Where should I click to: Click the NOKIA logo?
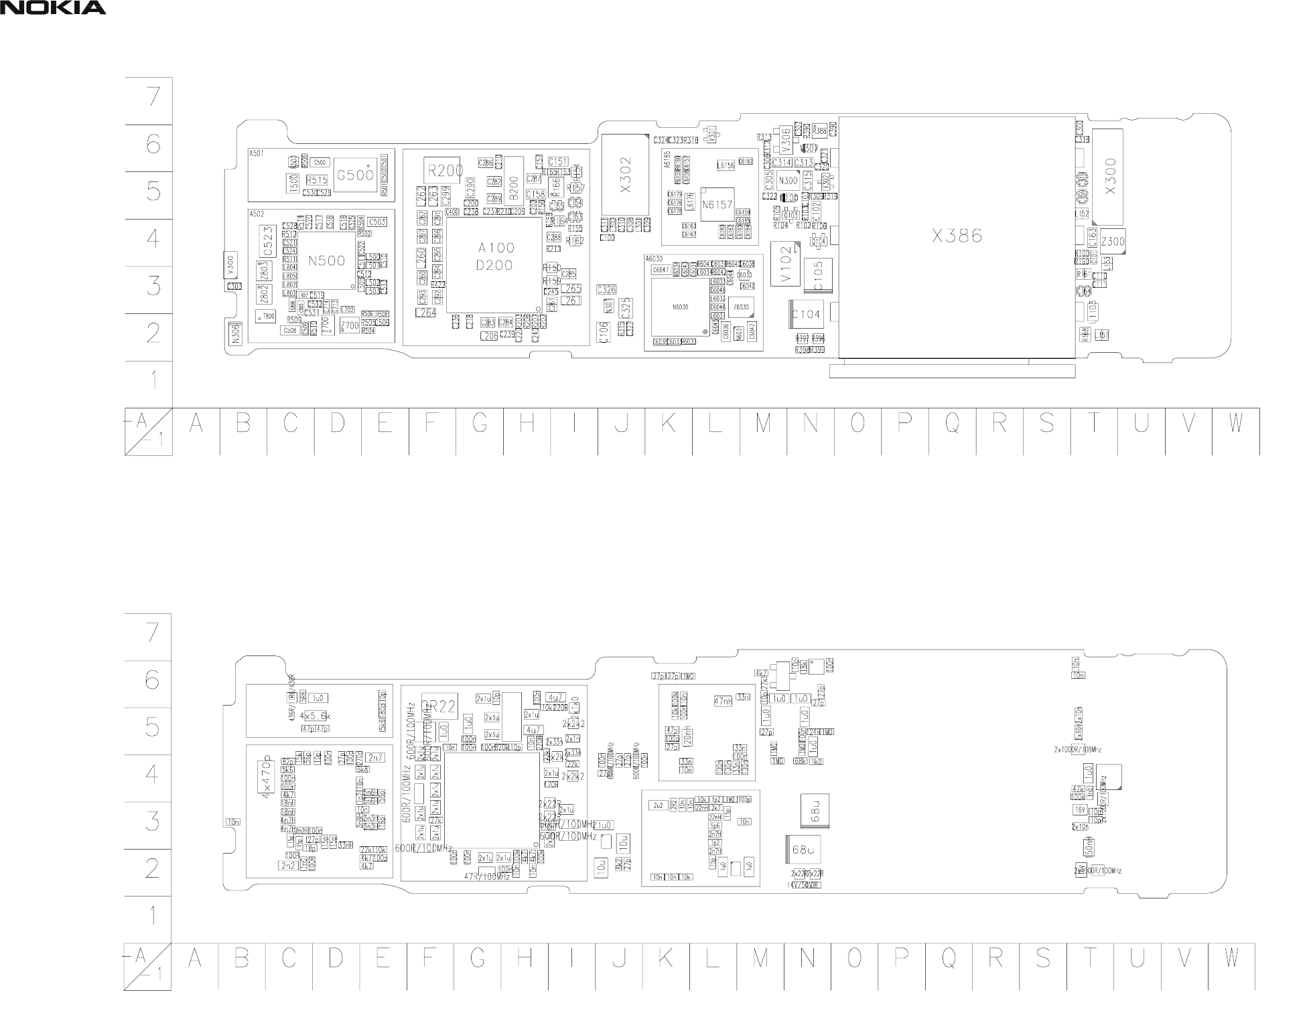(x=53, y=8)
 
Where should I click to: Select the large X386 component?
(x=957, y=236)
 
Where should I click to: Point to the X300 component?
(x=1110, y=177)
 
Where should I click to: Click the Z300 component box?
(x=1112, y=242)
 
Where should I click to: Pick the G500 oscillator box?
(x=355, y=175)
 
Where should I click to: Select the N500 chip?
(x=326, y=261)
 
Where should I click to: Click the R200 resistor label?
(x=445, y=171)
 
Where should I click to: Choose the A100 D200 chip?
(x=494, y=257)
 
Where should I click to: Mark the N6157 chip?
(x=716, y=205)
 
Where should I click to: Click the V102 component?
(x=785, y=264)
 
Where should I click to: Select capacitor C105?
(x=817, y=275)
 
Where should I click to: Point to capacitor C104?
(x=806, y=315)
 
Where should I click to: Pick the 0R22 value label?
(x=439, y=706)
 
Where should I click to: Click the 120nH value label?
(x=689, y=736)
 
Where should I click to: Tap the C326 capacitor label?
(x=606, y=290)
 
